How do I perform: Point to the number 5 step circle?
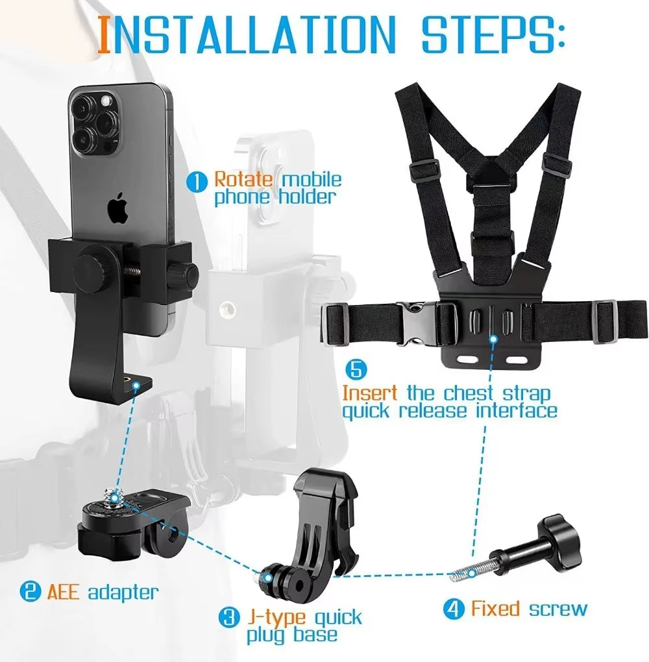click(x=356, y=370)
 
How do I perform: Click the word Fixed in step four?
click(x=495, y=609)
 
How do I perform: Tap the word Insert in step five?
click(x=370, y=393)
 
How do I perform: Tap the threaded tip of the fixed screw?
click(x=464, y=572)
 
